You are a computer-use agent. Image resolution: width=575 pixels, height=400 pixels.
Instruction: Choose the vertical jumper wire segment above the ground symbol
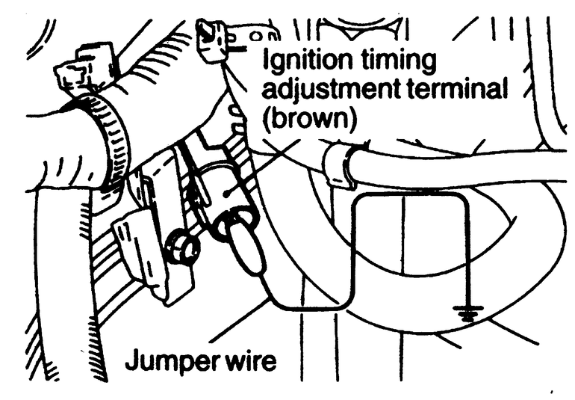click(x=468, y=254)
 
